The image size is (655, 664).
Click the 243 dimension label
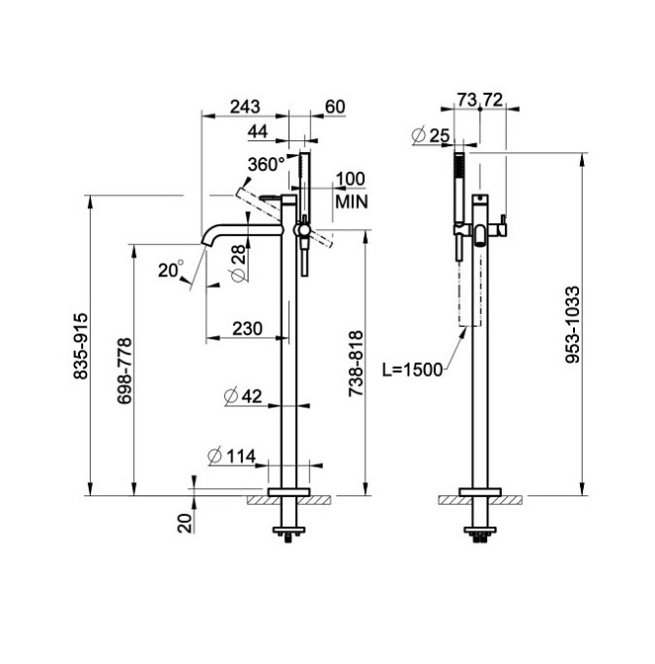[x=245, y=107]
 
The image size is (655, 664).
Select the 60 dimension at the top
[x=335, y=107]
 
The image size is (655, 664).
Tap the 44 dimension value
[x=258, y=131]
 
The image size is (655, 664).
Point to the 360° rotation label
[x=267, y=164]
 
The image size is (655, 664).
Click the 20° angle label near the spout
[x=171, y=270]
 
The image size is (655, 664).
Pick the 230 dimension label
[x=247, y=329]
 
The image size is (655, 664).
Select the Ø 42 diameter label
[x=243, y=397]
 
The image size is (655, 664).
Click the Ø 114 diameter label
[x=232, y=456]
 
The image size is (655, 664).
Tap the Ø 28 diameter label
[x=239, y=263]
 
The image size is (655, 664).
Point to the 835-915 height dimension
[x=80, y=346]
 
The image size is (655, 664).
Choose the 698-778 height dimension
[x=124, y=371]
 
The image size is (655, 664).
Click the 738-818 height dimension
[x=356, y=364]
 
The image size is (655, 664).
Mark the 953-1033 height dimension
[x=572, y=325]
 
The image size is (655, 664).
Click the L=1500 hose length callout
[x=412, y=370]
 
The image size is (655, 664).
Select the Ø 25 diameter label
[x=430, y=136]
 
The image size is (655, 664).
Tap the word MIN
[x=352, y=202]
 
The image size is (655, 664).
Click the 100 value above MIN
[x=351, y=179]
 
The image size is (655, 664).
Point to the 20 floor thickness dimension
[x=185, y=524]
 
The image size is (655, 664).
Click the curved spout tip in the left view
[x=205, y=243]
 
